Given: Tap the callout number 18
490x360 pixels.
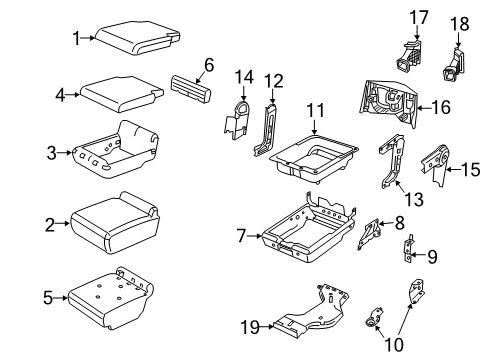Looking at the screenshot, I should coord(459,22).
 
